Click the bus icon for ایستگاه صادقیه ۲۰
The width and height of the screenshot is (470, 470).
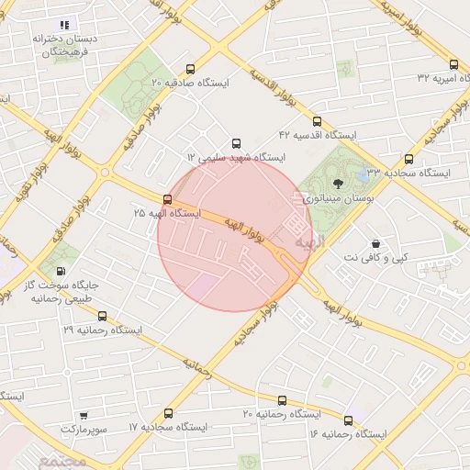(x=190, y=69)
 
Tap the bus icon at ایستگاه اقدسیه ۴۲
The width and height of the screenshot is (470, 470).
(x=317, y=121)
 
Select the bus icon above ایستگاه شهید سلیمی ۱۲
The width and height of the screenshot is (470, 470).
(x=237, y=143)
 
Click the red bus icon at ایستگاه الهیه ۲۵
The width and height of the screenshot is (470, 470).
(x=166, y=198)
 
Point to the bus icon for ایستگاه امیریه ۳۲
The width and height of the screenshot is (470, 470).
(x=453, y=65)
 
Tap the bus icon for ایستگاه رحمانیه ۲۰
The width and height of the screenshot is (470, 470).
(x=281, y=400)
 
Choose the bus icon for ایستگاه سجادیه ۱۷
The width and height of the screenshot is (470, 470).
(x=167, y=413)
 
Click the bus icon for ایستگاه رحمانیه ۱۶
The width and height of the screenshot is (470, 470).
(x=348, y=419)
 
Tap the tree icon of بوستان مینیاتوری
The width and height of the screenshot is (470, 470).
(x=337, y=184)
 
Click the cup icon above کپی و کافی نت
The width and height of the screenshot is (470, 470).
(x=375, y=244)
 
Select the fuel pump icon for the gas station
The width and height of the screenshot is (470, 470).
(x=61, y=271)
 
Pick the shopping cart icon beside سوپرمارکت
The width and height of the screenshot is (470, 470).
(x=84, y=415)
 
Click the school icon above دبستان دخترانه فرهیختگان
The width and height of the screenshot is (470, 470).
(x=63, y=25)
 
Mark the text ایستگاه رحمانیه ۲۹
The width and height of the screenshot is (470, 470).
(x=102, y=328)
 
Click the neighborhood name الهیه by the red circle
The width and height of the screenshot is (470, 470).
(x=310, y=241)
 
